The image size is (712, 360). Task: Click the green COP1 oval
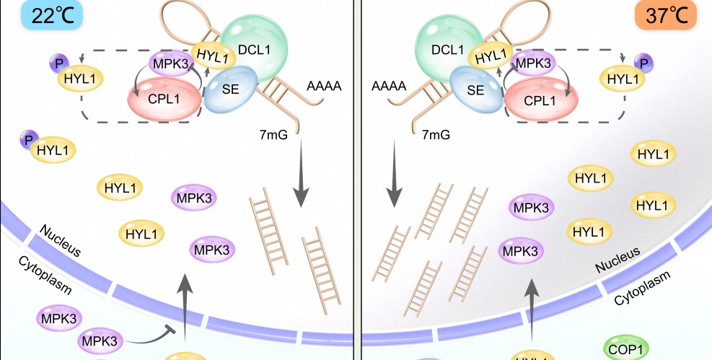(x=624, y=348)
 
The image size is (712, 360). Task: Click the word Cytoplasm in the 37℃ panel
(x=641, y=289)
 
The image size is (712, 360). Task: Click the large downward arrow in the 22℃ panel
(x=302, y=180)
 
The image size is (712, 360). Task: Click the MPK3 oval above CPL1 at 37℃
(x=533, y=63)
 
